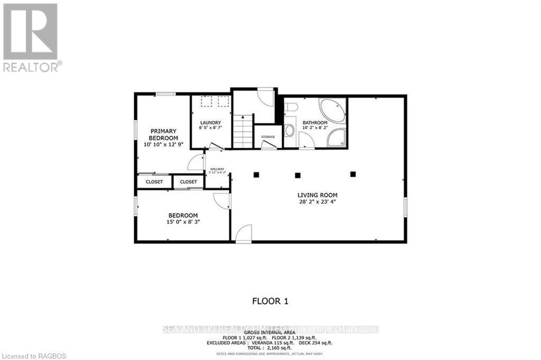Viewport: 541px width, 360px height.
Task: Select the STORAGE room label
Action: tap(268, 137)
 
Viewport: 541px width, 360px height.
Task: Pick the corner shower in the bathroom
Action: tap(337, 137)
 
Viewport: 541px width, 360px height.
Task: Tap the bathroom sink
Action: tap(289, 130)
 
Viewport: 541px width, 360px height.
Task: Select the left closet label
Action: tap(154, 182)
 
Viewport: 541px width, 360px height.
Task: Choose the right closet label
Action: tap(188, 182)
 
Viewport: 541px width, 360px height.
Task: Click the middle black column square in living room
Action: tap(298, 175)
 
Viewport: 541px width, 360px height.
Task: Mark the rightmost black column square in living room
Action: tap(353, 174)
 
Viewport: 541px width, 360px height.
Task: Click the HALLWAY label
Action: tap(218, 169)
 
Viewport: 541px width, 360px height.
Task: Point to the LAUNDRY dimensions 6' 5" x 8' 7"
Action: tap(211, 128)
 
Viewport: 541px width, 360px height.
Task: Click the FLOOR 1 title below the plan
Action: tap(270, 301)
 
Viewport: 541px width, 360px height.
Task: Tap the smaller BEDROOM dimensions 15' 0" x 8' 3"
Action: tap(183, 222)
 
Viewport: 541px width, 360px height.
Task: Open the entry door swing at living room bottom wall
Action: tap(243, 235)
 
